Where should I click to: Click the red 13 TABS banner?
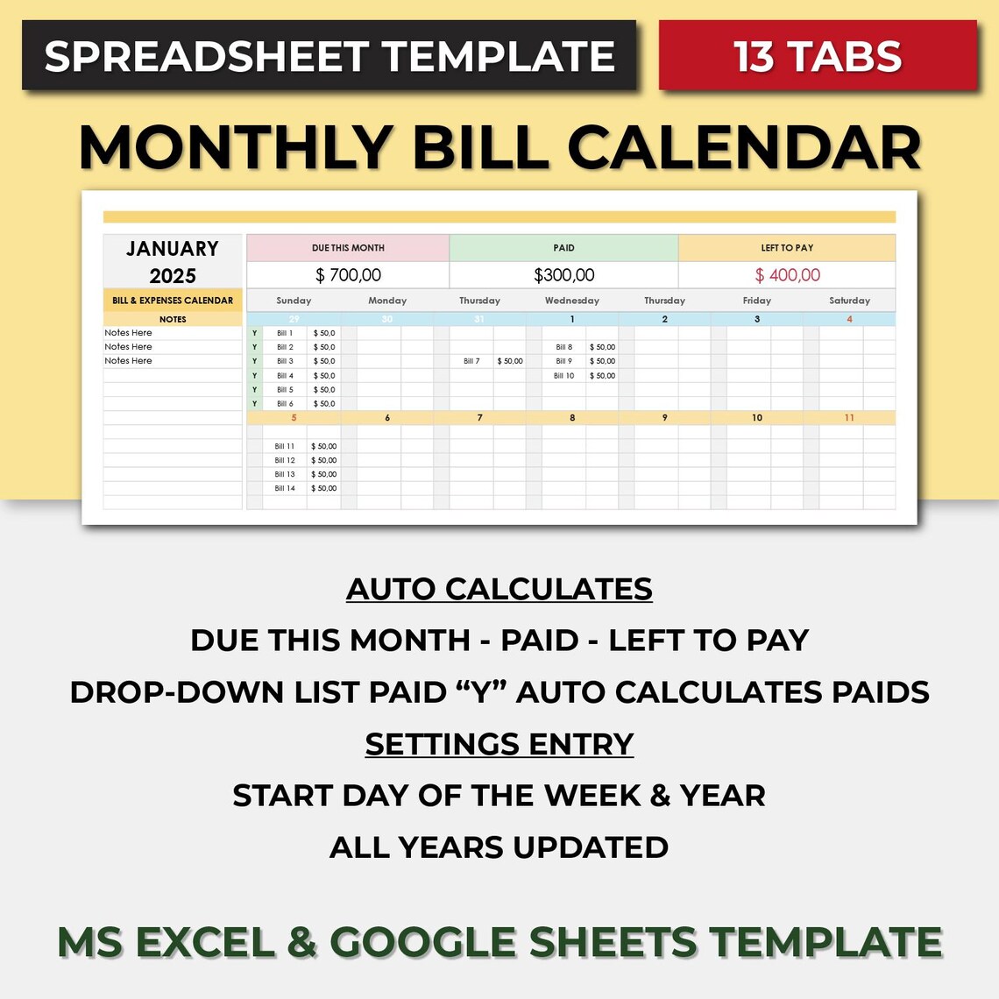(x=817, y=56)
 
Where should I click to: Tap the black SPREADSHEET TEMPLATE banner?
(x=329, y=56)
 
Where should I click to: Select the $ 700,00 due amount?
(x=348, y=275)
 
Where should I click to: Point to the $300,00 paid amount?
(x=563, y=275)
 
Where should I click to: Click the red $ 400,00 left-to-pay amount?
(x=787, y=275)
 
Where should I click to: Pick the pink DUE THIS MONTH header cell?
(x=348, y=248)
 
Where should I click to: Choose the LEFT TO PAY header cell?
(x=787, y=248)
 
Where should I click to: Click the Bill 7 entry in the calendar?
(x=471, y=361)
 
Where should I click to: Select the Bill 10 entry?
(x=564, y=376)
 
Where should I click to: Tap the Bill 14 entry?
(x=285, y=489)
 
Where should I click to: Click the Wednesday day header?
(x=571, y=301)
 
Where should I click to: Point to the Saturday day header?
(x=849, y=301)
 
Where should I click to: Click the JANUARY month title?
(x=173, y=249)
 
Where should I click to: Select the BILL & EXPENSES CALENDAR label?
(x=173, y=301)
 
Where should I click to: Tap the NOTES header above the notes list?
(x=173, y=319)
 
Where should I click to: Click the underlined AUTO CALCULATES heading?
(x=499, y=589)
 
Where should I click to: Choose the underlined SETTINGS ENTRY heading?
(x=499, y=744)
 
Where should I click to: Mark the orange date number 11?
(x=849, y=418)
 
